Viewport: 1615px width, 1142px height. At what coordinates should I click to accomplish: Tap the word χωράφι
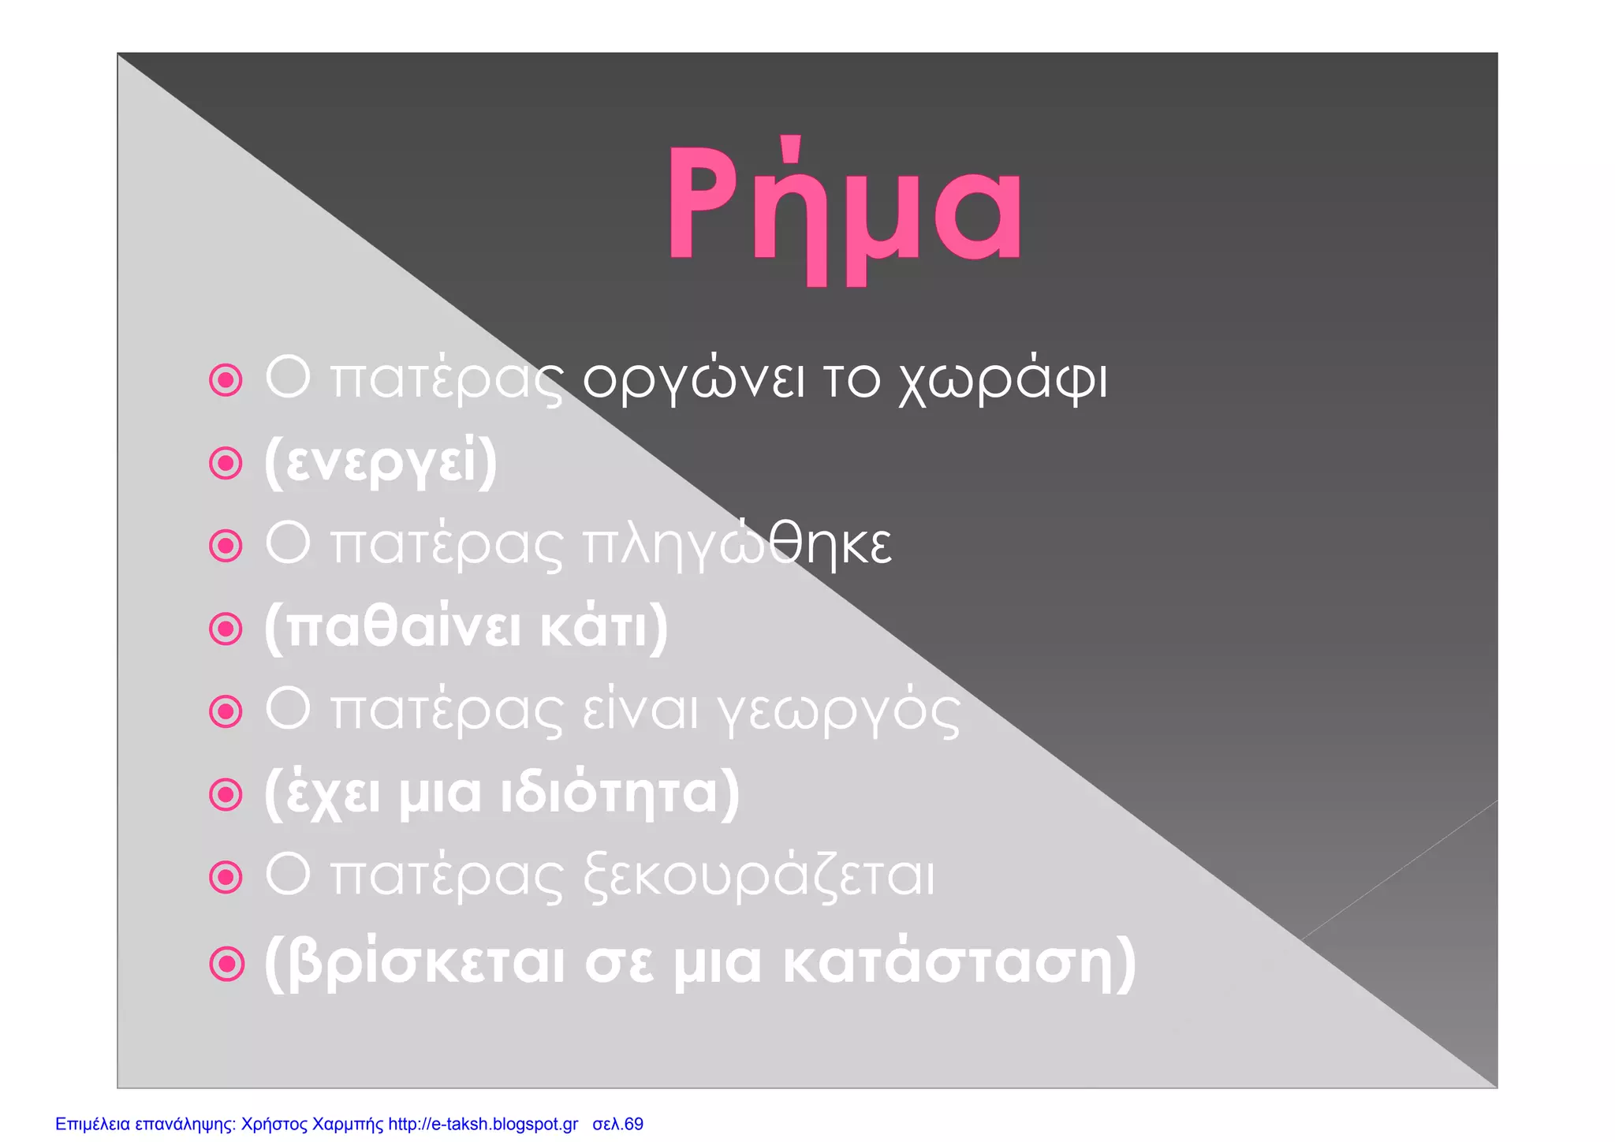coord(1002,380)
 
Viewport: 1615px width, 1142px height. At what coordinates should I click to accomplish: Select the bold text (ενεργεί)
coord(381,463)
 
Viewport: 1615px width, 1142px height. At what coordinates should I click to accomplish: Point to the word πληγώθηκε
coord(737,544)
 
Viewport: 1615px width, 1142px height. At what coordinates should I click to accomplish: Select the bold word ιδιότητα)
coord(621,793)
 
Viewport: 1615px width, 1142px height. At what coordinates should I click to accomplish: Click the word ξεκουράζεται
coord(759,877)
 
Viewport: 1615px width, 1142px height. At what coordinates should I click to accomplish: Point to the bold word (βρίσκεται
coord(414,962)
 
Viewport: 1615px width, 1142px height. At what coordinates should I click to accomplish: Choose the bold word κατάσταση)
coord(959,962)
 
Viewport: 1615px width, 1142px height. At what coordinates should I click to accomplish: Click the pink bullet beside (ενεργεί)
coord(226,464)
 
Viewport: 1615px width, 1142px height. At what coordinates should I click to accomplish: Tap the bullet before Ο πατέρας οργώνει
coord(226,381)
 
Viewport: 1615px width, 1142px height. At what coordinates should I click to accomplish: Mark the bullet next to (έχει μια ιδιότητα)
coord(226,794)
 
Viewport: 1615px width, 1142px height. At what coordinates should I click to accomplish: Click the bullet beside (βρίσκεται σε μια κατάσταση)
coord(226,964)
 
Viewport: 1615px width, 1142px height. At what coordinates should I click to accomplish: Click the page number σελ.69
coord(617,1124)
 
